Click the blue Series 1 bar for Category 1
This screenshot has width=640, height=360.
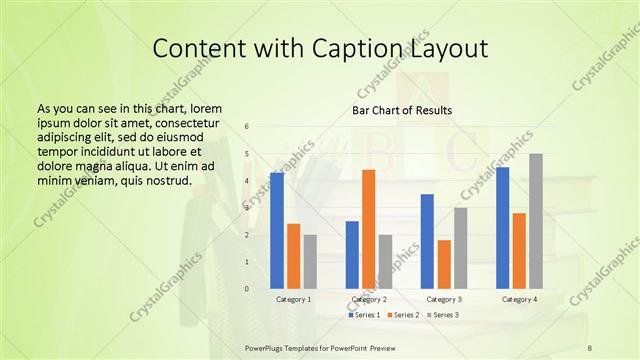[x=277, y=231]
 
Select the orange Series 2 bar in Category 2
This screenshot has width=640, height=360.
[x=369, y=229]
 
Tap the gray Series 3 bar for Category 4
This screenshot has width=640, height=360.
[x=536, y=221]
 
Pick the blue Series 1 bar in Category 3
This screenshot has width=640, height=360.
[x=427, y=241]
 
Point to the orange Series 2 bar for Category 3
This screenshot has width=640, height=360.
[x=444, y=264]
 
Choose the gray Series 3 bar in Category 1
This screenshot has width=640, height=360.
[x=310, y=262]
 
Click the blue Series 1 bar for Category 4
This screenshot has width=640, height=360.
[x=502, y=228]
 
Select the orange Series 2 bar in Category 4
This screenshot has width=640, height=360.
[x=519, y=251]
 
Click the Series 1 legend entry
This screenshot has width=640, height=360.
[x=365, y=315]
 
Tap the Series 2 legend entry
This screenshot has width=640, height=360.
[x=403, y=315]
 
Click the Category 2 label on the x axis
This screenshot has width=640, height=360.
[x=369, y=299]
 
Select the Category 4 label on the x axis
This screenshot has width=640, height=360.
[x=519, y=299]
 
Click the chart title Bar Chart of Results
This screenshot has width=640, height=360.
[x=402, y=109]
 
